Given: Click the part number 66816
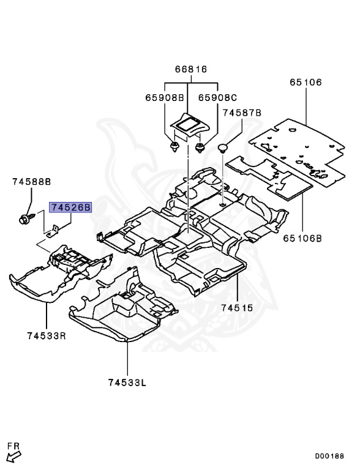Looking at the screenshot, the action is pos(191,69).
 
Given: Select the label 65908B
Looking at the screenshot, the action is pos(165,98).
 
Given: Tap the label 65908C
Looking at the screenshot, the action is pos(217,98).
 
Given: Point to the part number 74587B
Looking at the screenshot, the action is pos(242,113).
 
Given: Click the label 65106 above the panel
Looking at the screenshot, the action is pos(306,82).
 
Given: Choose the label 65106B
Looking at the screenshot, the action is pos(302,238).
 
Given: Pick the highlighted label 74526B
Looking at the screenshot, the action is pos(70,207).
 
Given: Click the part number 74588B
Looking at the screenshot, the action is pos(31,182).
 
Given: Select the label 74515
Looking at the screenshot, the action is pos(237,308).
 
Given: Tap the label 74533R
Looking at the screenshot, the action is pos(47,336).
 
